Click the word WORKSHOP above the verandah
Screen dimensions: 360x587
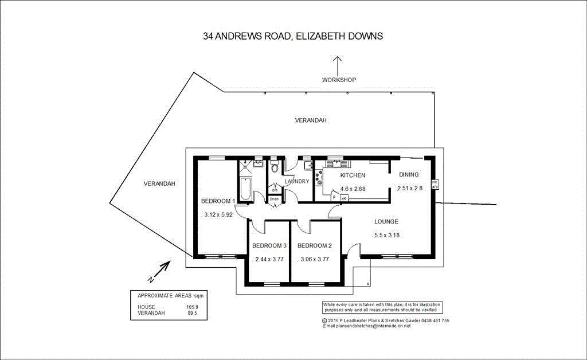coord(339,80)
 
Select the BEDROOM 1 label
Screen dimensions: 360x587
coord(218,201)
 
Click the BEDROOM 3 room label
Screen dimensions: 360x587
coord(269,246)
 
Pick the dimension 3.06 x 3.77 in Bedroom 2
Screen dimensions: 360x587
coord(315,259)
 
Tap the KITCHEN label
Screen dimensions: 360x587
coord(353,175)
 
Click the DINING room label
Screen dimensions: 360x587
coord(409,175)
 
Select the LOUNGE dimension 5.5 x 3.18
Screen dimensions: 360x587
coord(386,235)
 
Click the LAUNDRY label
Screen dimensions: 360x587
coord(297,182)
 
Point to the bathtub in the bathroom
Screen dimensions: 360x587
coord(245,189)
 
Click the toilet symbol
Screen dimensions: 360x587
coord(275,167)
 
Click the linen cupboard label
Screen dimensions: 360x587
coord(275,199)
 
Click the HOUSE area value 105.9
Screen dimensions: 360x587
coord(192,307)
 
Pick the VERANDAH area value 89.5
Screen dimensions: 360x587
coord(192,313)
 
